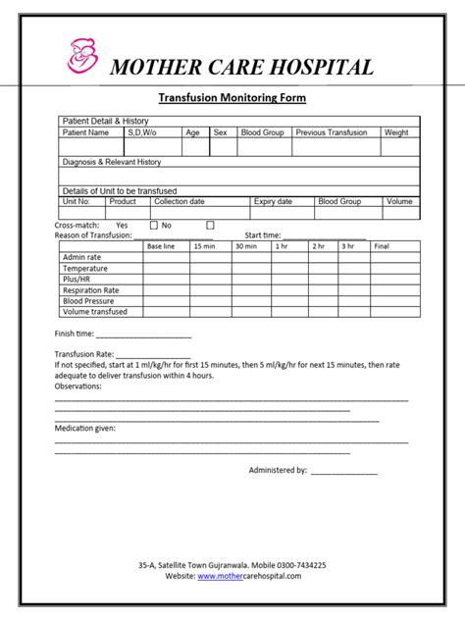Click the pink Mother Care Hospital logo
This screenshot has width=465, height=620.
pos(83,55)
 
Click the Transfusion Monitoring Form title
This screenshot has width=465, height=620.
pos(232,98)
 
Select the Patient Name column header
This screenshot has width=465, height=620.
pos(86,132)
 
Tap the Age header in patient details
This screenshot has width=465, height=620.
pos(192,132)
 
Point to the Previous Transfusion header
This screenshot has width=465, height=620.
pos(332,132)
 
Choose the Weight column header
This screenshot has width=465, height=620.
pos(396,132)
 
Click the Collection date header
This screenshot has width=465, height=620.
pos(180,201)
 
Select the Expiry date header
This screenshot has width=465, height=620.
pos(273,201)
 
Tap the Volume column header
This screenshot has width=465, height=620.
pos(399,201)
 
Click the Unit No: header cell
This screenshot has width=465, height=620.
pos(77,201)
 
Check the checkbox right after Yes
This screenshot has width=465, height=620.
pos(154,225)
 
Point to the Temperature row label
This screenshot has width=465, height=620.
pos(85,268)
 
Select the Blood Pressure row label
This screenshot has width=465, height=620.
pos(88,301)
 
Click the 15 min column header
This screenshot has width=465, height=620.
pos(204,246)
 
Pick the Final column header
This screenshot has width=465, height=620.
pos(382,246)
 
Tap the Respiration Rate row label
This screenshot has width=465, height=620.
pos(90,290)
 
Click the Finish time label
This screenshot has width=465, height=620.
pos(75,334)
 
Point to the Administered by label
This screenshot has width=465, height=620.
pos(278,470)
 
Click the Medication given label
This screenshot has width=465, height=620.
pos(84,429)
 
